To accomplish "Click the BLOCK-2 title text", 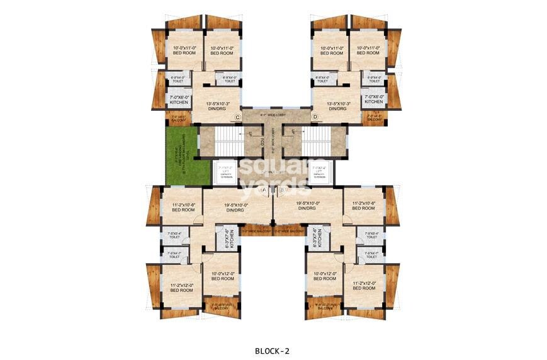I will click(x=272, y=351).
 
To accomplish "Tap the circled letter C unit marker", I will click(x=237, y=117).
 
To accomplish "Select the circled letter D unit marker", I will click(x=314, y=117).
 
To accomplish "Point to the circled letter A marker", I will click(x=264, y=189).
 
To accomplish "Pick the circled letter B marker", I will click(x=281, y=189).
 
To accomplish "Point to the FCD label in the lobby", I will click(x=262, y=140).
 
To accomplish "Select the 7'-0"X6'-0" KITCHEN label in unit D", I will click(x=373, y=99).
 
